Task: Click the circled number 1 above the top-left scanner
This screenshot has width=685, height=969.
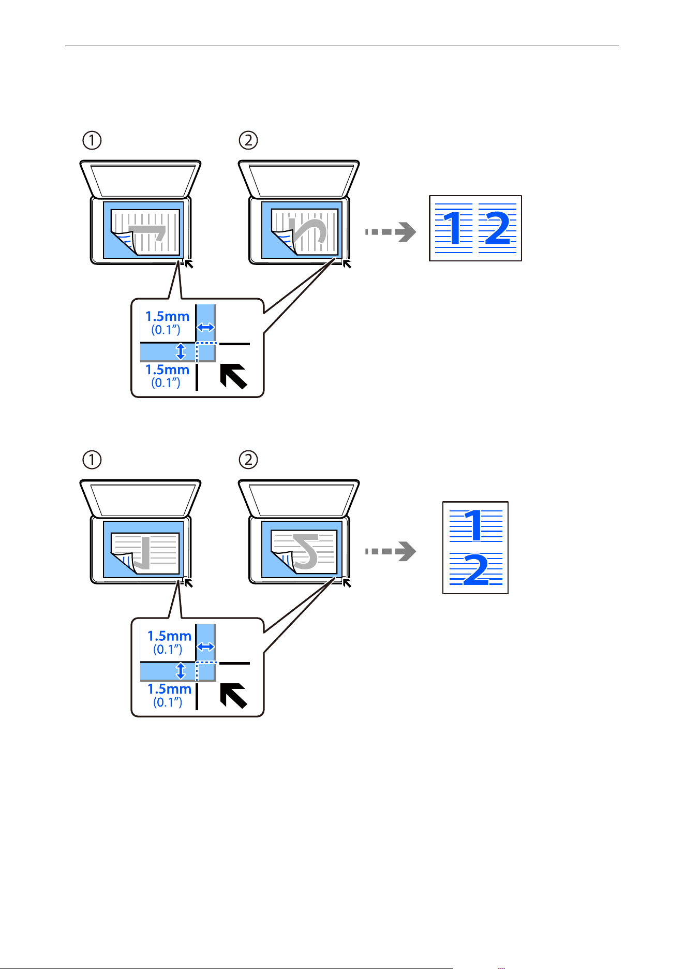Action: click(92, 140)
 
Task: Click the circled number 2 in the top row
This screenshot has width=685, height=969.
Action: click(248, 140)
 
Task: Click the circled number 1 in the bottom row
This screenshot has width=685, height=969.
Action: click(92, 460)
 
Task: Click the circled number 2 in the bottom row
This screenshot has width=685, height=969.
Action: click(248, 460)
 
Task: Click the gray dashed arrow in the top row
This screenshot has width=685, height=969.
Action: click(391, 232)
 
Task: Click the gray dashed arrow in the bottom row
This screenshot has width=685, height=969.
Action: click(391, 551)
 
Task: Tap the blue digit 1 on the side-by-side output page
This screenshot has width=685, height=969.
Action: click(454, 228)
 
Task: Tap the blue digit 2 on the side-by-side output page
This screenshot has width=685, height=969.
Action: click(498, 228)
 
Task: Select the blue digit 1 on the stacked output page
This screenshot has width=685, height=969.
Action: click(474, 525)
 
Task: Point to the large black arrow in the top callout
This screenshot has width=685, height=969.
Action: click(233, 376)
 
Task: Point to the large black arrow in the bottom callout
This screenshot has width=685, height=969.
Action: click(233, 696)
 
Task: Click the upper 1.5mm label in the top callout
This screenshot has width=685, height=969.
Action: click(167, 316)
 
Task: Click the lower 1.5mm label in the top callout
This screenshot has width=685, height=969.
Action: click(167, 370)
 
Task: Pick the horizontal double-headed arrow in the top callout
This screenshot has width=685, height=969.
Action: click(206, 327)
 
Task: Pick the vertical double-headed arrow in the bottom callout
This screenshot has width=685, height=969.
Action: click(181, 671)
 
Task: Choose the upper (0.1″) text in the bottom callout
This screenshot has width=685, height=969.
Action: click(168, 649)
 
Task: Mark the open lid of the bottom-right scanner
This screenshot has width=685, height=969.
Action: click(299, 498)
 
